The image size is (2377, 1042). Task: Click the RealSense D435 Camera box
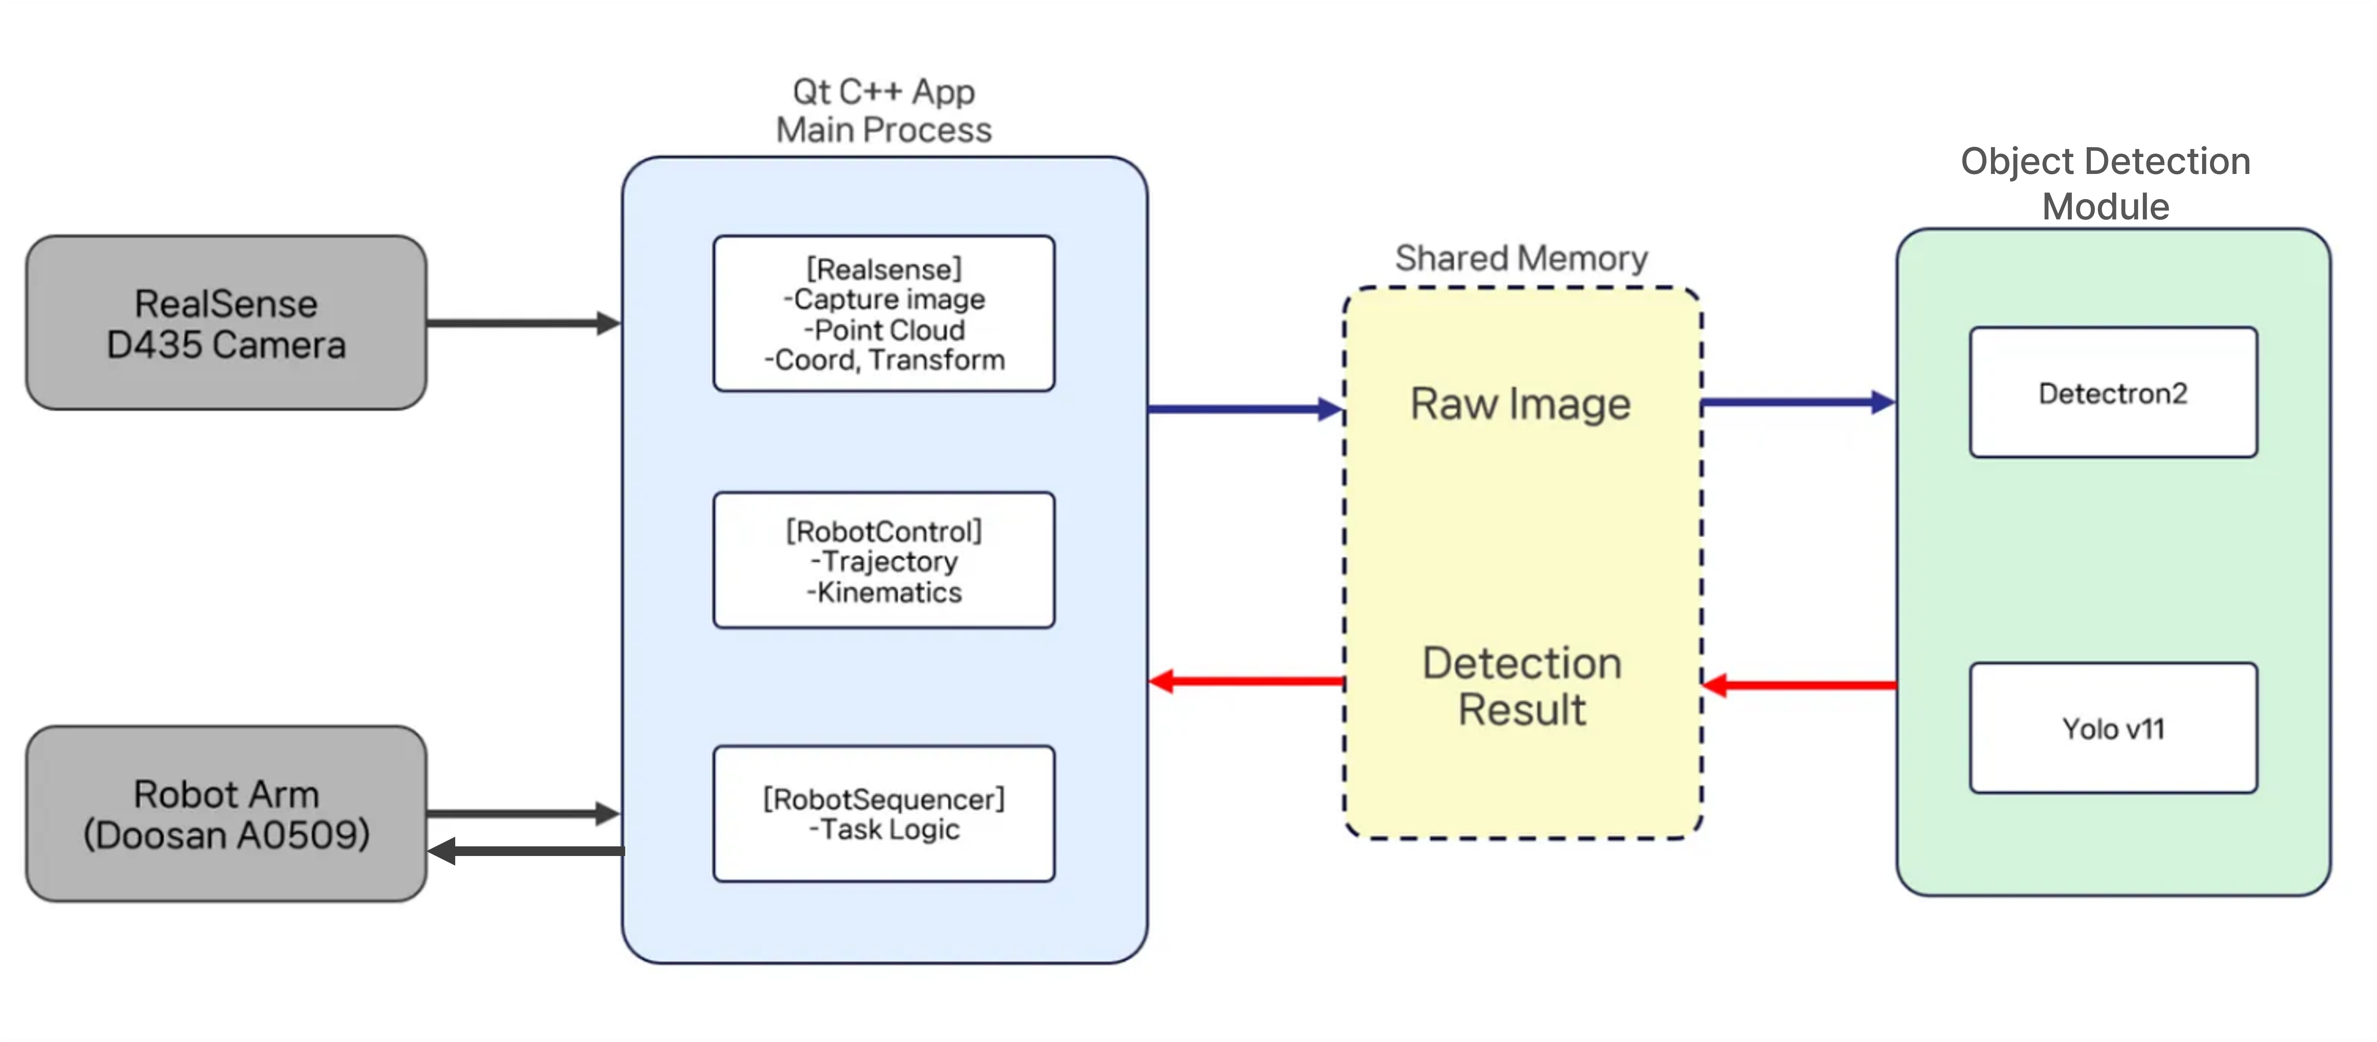click(226, 323)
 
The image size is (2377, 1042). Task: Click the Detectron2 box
click(2113, 393)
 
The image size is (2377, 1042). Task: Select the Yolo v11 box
click(2113, 728)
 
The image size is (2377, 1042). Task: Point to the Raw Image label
click(1521, 404)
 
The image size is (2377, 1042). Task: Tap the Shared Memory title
click(1521, 258)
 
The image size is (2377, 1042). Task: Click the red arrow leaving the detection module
click(1799, 685)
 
